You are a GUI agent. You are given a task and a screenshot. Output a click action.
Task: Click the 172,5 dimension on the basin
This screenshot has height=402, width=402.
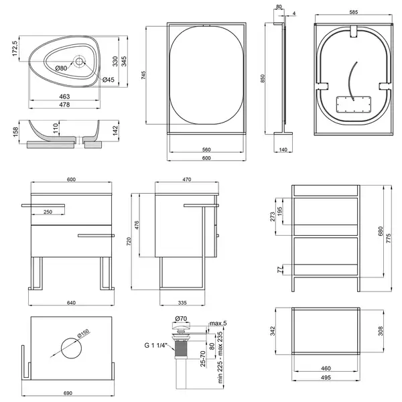pyautogui.click(x=15, y=48)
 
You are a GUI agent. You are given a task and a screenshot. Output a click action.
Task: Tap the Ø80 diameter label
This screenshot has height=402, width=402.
pyautogui.click(x=61, y=68)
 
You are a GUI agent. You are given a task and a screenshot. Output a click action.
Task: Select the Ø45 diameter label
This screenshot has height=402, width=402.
pyautogui.click(x=109, y=80)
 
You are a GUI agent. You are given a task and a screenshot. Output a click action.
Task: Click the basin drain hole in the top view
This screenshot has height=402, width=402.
pyautogui.click(x=79, y=61)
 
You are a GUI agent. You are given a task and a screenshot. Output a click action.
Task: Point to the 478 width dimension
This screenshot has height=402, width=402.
pyautogui.click(x=64, y=105)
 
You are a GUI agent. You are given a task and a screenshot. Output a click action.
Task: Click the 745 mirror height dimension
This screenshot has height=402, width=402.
pyautogui.click(x=143, y=75)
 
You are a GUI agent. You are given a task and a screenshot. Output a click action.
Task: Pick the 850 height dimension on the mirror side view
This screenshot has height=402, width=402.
pyautogui.click(x=263, y=78)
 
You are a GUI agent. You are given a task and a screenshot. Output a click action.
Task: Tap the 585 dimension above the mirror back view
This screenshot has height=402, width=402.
pyautogui.click(x=354, y=12)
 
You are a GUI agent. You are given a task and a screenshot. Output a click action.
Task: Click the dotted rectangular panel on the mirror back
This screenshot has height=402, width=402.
pyautogui.click(x=354, y=104)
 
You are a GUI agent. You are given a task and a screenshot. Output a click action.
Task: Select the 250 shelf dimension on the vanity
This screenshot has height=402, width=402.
pyautogui.click(x=48, y=212)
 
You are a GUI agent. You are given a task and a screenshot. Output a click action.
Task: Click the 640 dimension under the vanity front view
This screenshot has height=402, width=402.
pyautogui.click(x=71, y=303)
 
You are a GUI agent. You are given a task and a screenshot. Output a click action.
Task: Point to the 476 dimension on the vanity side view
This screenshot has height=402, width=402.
pyautogui.click(x=137, y=225)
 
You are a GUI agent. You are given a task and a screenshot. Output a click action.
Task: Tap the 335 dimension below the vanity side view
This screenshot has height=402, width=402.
pyautogui.click(x=182, y=303)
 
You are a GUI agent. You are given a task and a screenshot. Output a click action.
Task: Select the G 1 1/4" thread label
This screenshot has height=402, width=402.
pyautogui.click(x=155, y=345)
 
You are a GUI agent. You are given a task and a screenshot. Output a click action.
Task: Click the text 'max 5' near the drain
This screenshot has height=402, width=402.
pyautogui.click(x=218, y=324)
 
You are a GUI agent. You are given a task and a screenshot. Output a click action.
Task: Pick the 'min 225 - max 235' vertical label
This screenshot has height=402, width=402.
pyautogui.click(x=220, y=358)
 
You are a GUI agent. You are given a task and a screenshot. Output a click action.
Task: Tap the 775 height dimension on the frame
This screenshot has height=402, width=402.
pyautogui.click(x=389, y=239)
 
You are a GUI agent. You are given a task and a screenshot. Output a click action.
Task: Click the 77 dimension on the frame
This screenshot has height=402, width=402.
pyautogui.click(x=279, y=270)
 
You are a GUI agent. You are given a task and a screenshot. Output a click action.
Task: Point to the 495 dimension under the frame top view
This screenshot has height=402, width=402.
pyautogui.click(x=326, y=377)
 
